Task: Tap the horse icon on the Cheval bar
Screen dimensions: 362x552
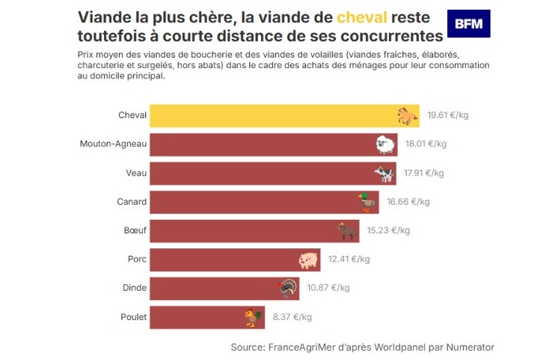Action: pyautogui.click(x=406, y=115)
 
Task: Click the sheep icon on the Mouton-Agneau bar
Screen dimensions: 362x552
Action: pyautogui.click(x=385, y=144)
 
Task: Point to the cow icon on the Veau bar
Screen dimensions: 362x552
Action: pyautogui.click(x=384, y=173)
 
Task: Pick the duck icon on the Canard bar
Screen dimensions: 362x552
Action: pyautogui.click(x=367, y=202)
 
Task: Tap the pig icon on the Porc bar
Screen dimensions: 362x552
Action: pyautogui.click(x=308, y=260)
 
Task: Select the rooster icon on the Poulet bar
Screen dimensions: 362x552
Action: pyautogui.click(x=254, y=317)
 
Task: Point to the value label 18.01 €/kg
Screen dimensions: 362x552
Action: pyautogui.click(x=426, y=144)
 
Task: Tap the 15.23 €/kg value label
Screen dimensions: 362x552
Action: pyautogui.click(x=388, y=230)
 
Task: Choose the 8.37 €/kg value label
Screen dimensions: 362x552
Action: pyautogui.click(x=292, y=317)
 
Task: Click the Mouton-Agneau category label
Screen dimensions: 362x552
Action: pyautogui.click(x=113, y=144)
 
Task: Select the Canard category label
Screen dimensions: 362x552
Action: pyautogui.click(x=132, y=202)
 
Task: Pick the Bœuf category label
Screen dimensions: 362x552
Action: pyautogui.click(x=135, y=230)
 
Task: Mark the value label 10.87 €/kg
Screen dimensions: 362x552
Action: pyautogui.click(x=330, y=288)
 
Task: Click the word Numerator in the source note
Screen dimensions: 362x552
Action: pyautogui.click(x=469, y=347)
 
